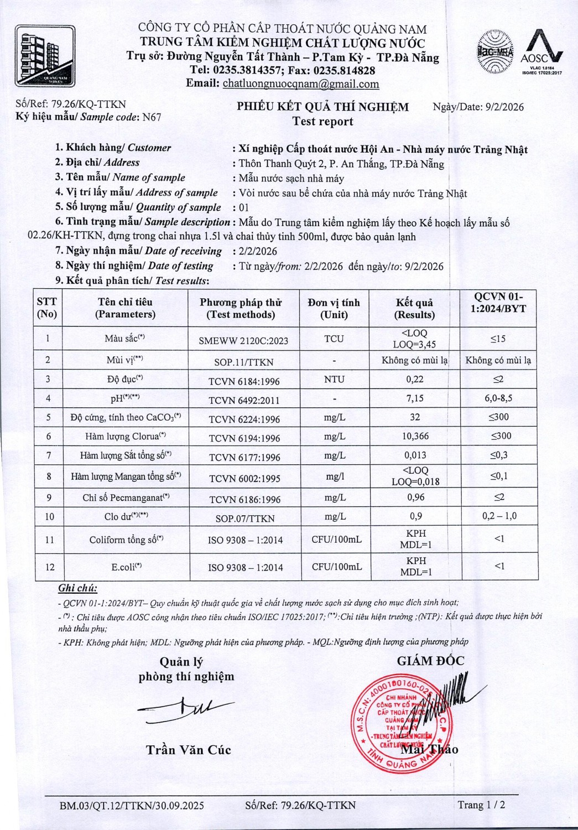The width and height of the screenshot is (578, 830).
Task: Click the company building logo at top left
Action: pos(45,55)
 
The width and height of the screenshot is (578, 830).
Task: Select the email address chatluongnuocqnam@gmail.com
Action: pos(300,84)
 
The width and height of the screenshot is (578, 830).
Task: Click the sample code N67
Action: pos(152,117)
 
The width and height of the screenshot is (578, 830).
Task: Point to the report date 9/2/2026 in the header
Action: pos(504,107)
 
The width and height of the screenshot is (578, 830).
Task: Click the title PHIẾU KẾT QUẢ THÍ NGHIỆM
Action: pos(323,107)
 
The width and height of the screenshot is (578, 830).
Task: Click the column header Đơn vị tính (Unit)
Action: pos(334,308)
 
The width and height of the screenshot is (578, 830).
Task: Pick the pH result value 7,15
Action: pos(415,398)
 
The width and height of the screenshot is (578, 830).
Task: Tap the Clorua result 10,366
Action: pos(415,436)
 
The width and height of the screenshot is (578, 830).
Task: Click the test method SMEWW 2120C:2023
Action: pos(243,341)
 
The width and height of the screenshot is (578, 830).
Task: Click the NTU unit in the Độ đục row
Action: pos(334,380)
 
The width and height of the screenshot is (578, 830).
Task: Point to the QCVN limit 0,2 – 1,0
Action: pos(499,516)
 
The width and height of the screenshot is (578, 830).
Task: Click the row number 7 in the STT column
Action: pos(49,455)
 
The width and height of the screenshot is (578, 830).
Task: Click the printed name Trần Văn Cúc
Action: pos(188,750)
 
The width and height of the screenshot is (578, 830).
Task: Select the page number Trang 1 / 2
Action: pos(481,805)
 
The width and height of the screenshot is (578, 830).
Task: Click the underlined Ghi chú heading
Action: pos(77,588)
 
